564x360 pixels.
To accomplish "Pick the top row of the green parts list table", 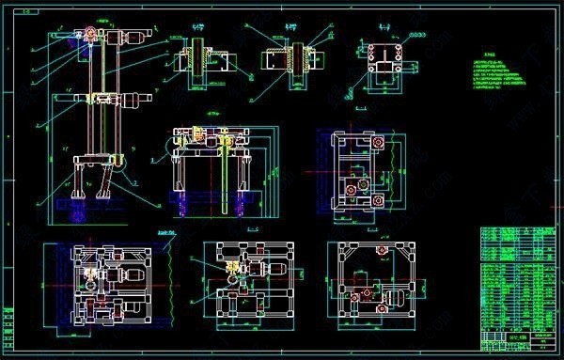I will click(517, 229).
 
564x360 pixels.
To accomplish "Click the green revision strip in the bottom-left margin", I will click(8, 325).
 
